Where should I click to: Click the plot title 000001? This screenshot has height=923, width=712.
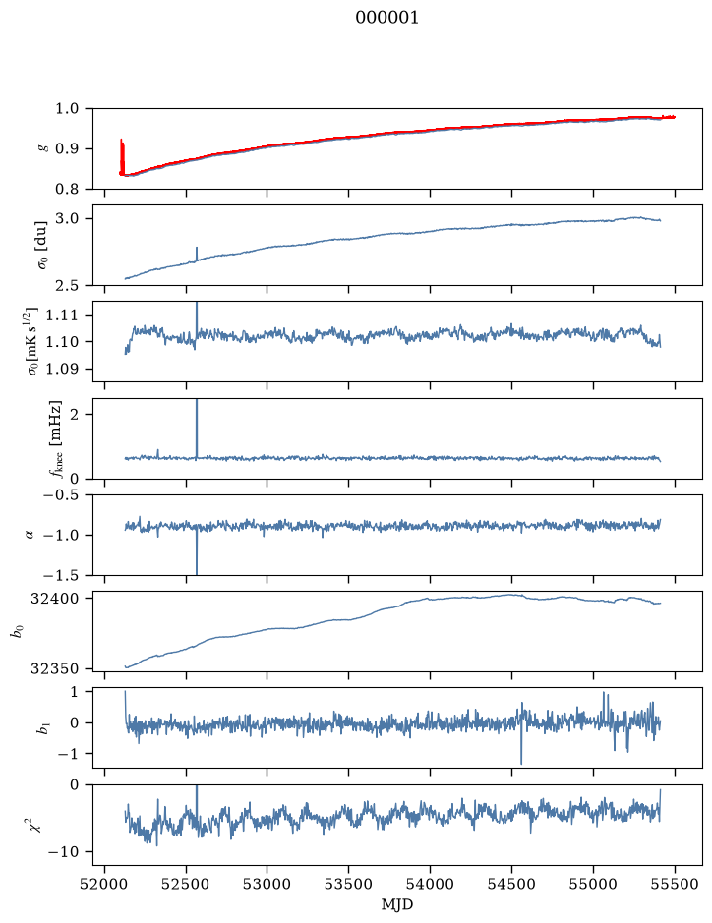click(386, 18)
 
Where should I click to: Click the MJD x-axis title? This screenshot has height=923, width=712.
click(397, 904)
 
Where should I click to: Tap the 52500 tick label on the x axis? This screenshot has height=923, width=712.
click(186, 884)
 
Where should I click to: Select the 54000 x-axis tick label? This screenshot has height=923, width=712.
click(430, 884)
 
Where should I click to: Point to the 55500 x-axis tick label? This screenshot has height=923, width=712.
click(675, 884)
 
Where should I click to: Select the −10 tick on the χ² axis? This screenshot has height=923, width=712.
click(65, 852)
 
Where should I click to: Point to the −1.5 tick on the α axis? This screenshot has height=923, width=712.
click(63, 575)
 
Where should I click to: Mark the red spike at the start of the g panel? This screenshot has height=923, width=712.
click(122, 156)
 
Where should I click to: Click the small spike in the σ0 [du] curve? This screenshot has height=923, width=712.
click(196, 254)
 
